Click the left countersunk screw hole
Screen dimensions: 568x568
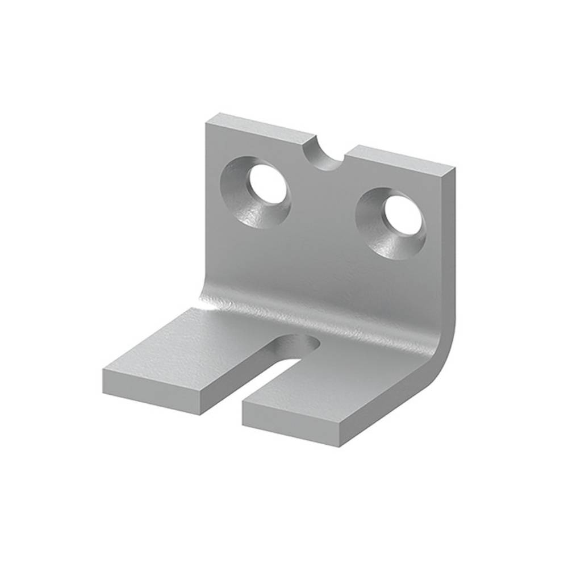click(265, 183)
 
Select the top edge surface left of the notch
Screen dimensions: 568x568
click(261, 126)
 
